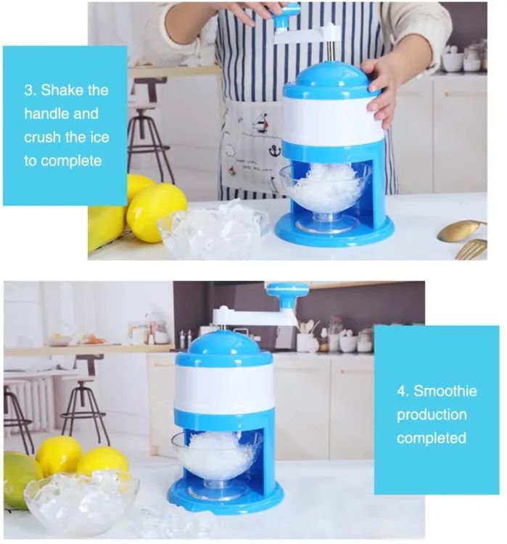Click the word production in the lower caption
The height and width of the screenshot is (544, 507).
(432, 415)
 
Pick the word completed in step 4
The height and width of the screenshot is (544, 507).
(431, 438)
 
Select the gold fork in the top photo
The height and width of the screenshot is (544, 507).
(471, 249)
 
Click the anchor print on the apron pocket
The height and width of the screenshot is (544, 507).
(275, 151)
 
